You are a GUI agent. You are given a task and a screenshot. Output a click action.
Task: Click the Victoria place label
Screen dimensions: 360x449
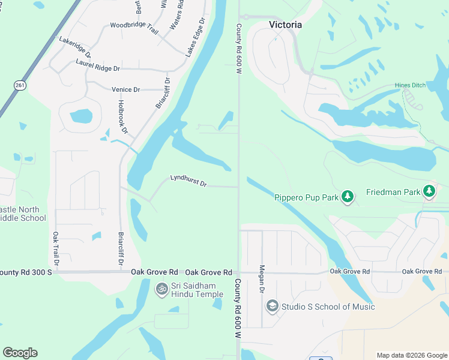tap(285, 25)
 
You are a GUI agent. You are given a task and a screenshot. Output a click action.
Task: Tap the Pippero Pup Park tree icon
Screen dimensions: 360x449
tap(347, 196)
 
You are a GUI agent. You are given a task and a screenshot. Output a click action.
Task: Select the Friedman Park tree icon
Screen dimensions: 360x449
tap(429, 191)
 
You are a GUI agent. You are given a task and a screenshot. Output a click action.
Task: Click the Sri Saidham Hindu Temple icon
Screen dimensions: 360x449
tap(161, 289)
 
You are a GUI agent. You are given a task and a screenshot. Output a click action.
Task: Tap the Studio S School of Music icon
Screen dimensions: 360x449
tap(272, 306)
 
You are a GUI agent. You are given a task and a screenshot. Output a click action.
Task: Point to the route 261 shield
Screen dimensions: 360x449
tap(20, 86)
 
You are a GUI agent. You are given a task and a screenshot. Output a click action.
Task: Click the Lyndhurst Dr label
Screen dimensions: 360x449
tap(188, 181)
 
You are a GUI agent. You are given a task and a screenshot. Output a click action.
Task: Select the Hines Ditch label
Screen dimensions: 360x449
tap(410, 86)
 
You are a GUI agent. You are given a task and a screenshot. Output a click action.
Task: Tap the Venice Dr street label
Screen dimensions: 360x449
tap(125, 89)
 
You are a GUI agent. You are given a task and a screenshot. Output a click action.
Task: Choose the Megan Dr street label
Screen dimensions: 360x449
tap(262, 280)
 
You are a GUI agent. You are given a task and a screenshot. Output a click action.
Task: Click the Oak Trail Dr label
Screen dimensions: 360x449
tap(56, 248)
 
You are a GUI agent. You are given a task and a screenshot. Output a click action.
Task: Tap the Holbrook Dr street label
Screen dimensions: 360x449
tap(122, 117)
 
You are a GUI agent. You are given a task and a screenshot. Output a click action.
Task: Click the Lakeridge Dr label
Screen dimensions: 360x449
tap(75, 46)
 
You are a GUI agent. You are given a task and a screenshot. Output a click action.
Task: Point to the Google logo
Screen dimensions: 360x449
tap(20, 353)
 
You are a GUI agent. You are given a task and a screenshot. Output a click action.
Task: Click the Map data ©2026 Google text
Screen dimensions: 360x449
tap(411, 355)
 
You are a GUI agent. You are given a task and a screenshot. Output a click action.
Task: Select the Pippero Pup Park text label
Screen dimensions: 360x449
tap(306, 197)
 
